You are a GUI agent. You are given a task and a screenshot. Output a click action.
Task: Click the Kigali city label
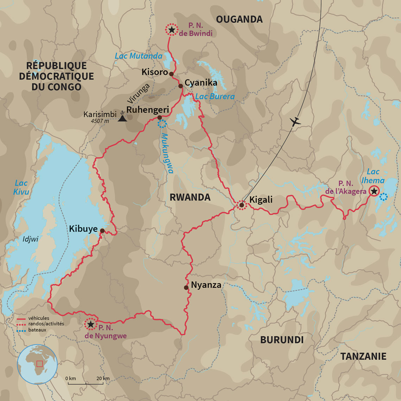point(261,200)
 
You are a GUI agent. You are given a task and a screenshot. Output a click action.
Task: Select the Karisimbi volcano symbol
point(122,117)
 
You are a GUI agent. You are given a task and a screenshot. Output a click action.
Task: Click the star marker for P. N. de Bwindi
point(171,30)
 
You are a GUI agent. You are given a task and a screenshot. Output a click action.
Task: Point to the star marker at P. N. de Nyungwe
point(91,324)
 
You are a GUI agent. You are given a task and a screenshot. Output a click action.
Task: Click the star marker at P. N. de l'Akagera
point(374,191)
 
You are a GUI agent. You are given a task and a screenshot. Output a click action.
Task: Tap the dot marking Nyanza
point(186,287)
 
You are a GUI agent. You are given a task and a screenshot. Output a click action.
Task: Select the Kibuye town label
point(83,229)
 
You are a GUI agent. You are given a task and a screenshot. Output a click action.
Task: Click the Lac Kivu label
point(21,187)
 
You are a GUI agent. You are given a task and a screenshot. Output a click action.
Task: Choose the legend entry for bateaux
point(37,330)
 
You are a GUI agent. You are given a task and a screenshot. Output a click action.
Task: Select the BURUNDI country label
point(282,339)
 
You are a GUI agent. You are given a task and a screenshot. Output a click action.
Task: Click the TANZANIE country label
point(363,356)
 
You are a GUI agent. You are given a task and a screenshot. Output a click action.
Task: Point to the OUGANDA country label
point(239,19)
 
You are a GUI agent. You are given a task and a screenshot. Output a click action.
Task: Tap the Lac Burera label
point(215,96)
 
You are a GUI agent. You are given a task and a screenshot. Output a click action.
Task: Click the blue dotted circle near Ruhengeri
point(162,124)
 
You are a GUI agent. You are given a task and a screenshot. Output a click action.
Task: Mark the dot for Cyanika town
point(180,86)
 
